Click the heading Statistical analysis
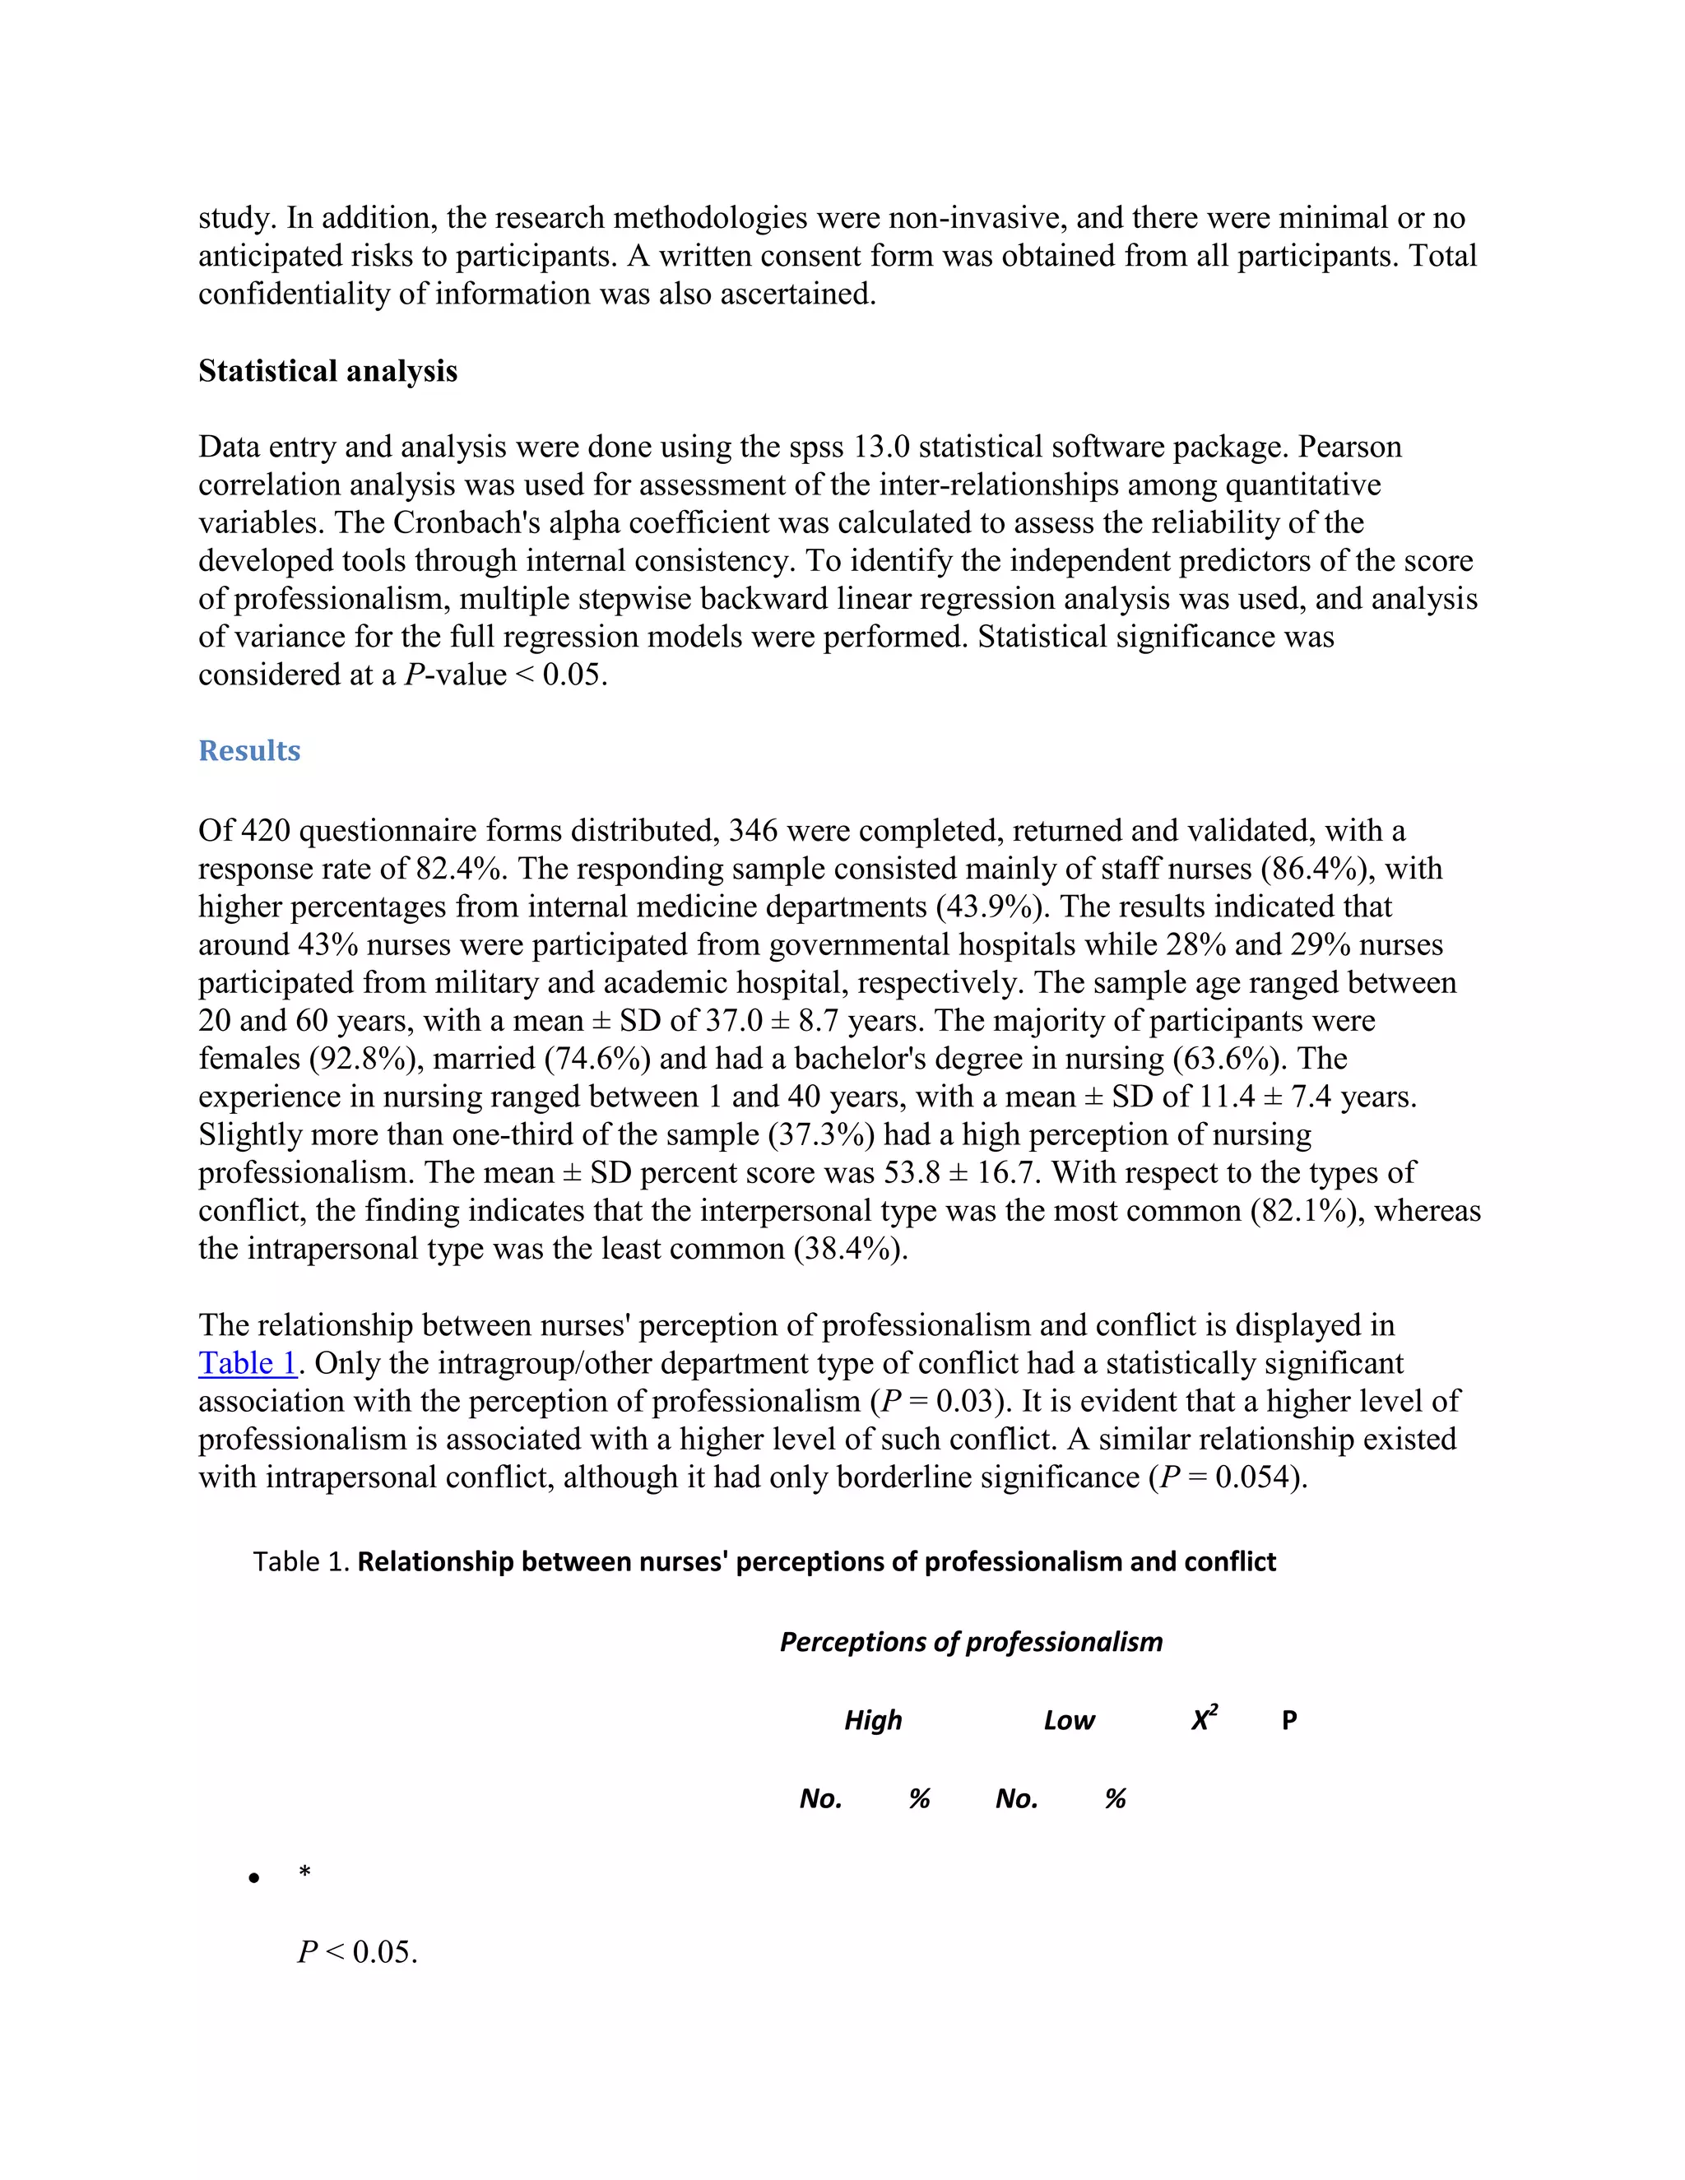pos(327,371)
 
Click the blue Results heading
pos(248,750)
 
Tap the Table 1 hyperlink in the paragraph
pos(248,1363)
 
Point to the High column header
pos(872,1720)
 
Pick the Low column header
pos(1068,1720)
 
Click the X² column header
pos(1204,1718)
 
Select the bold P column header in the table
pos(1288,1720)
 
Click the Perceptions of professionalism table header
pos(970,1642)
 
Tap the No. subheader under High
pos(820,1798)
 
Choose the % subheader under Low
pos(1115,1798)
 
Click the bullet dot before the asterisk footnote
pos(254,1879)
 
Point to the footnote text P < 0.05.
pos(357,1952)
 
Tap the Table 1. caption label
pos(300,1562)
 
